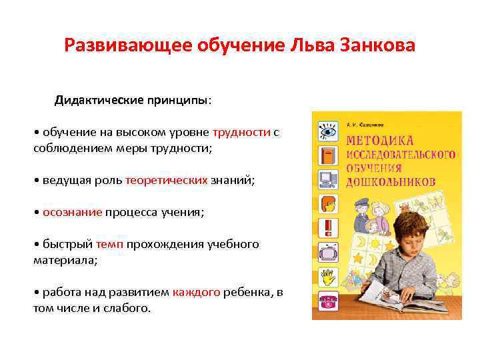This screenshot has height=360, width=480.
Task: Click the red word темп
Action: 109,245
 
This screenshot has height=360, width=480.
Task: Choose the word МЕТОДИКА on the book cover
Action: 379,141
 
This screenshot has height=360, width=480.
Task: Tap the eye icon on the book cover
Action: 327,129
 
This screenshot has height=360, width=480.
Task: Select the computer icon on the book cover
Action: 327,178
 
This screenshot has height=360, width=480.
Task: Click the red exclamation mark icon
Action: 327,227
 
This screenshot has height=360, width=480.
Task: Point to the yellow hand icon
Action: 327,275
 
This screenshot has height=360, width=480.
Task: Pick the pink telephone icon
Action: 327,298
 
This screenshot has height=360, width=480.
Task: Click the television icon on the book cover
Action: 327,251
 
